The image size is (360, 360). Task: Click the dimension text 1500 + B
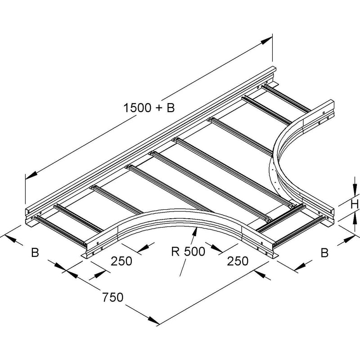[x=149, y=108]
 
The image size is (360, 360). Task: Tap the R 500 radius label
[x=188, y=252]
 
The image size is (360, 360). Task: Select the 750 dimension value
[x=113, y=297]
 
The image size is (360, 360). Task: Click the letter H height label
[x=355, y=204]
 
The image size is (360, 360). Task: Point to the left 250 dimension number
[x=121, y=261]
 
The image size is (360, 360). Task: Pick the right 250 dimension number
[x=238, y=261]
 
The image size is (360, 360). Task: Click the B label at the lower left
[x=35, y=252]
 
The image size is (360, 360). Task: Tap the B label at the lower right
[x=324, y=252]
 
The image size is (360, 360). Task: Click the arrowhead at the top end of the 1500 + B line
[x=266, y=41]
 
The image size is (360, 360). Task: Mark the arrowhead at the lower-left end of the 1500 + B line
[x=31, y=175]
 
